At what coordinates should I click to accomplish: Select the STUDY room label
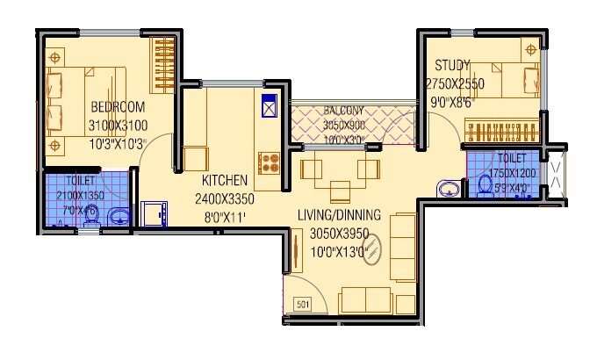tap(452, 66)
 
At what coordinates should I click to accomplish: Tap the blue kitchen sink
tap(268, 104)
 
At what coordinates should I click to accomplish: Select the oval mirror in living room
tap(372, 251)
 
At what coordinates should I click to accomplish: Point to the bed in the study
tap(510, 80)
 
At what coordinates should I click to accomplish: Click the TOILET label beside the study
tap(511, 158)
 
